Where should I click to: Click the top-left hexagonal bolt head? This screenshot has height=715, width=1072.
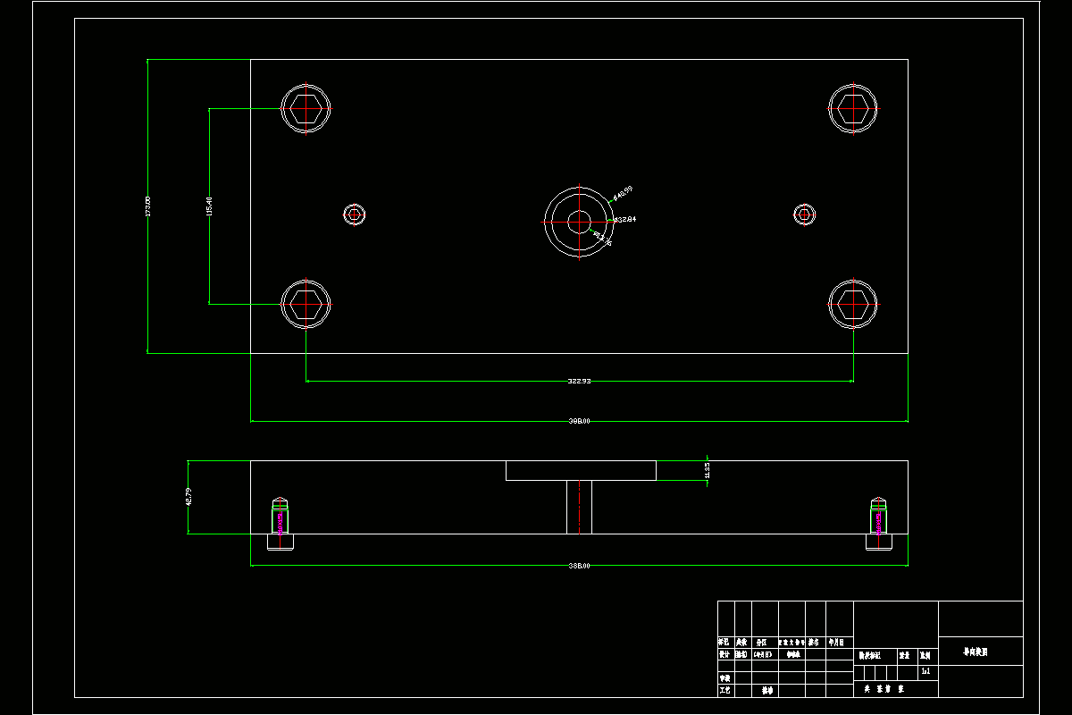pos(306,108)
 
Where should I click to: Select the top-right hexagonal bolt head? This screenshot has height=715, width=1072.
pos(853,107)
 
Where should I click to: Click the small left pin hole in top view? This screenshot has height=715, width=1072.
pos(356,214)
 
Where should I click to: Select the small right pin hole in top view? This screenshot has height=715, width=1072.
pos(805,214)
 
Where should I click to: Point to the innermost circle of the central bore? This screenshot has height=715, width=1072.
pos(579,221)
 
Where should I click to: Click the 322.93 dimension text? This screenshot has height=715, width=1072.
pos(579,381)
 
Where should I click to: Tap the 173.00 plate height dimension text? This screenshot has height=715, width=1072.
pos(148,206)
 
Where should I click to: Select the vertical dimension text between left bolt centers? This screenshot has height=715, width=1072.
pos(209,206)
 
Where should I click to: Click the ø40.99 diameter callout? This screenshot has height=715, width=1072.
pos(623,192)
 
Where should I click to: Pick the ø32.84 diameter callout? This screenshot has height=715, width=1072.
pos(624,219)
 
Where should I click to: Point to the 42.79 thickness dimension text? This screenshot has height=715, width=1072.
pos(188,496)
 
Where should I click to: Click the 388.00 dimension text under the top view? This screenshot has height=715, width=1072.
pos(579,420)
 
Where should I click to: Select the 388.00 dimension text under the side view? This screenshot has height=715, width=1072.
pos(579,566)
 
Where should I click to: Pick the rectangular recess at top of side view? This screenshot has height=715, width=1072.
pos(581,470)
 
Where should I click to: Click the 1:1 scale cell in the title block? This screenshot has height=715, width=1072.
pos(925,669)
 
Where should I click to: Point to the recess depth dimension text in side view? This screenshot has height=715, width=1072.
pos(708,469)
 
